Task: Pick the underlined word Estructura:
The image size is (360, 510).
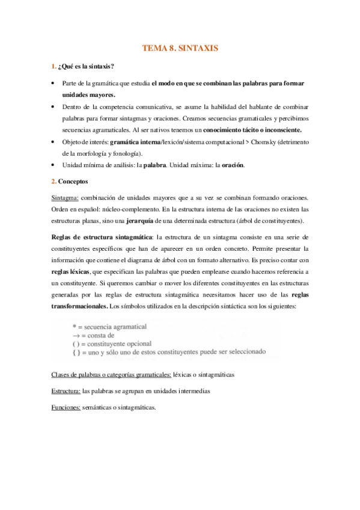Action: point(66,390)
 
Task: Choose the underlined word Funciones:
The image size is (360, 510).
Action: point(66,407)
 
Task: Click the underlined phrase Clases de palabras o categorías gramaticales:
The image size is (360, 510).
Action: point(111,373)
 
